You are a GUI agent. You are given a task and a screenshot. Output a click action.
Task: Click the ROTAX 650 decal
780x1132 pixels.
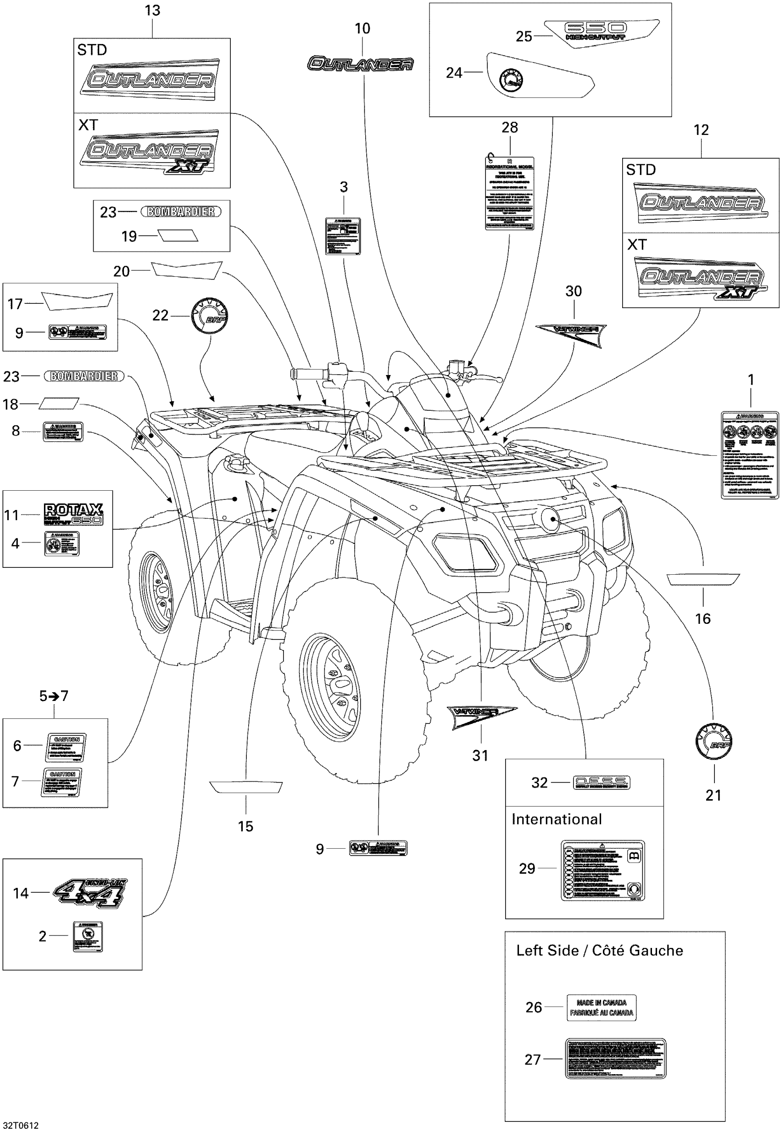(73, 514)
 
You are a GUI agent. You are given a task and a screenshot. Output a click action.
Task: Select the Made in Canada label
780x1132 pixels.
(601, 1008)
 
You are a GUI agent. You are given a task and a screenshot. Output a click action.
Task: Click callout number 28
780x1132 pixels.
(509, 128)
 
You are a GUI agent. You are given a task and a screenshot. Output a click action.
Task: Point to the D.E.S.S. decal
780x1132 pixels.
(601, 783)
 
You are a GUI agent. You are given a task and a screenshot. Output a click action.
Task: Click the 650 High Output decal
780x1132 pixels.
(601, 32)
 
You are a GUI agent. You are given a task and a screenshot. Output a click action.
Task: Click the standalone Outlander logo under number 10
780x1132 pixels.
(361, 63)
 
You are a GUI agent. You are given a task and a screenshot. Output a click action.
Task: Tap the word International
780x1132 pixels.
(556, 819)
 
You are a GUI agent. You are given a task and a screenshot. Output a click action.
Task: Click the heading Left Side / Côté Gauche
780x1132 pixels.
(599, 951)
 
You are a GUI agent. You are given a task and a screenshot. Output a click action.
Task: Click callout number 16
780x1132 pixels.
(702, 619)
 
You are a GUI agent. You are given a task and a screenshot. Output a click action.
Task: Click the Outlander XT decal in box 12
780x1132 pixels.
(700, 279)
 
